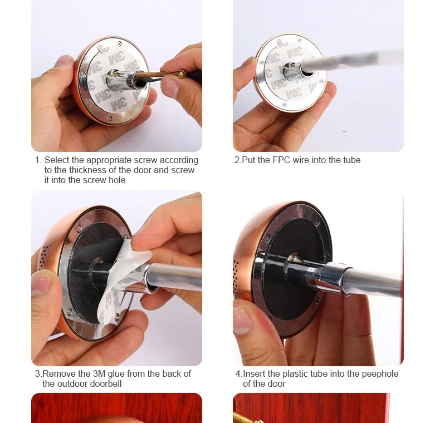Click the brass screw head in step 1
coord(182,74)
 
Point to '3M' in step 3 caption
coord(99,373)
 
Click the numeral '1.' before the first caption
coord(38,160)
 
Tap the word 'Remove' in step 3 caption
coord(59,373)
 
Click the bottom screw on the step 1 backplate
coord(110,118)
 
